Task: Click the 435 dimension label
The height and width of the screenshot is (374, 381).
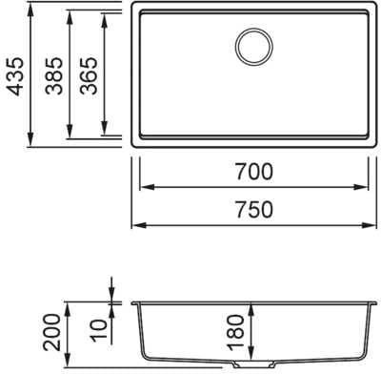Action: (x=15, y=76)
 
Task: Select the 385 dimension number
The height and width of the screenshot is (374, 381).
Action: (x=53, y=75)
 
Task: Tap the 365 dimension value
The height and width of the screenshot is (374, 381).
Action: (x=89, y=75)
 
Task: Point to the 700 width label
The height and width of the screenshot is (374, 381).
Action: (x=254, y=171)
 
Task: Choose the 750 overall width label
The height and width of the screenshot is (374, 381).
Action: (x=254, y=209)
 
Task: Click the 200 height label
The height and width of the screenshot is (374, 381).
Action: (x=51, y=332)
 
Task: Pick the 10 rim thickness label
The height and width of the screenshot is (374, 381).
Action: (x=99, y=330)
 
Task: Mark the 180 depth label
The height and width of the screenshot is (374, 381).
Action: (x=236, y=332)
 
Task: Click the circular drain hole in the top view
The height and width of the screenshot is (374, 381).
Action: (x=254, y=47)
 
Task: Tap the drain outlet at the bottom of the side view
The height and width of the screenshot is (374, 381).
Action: (x=254, y=364)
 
